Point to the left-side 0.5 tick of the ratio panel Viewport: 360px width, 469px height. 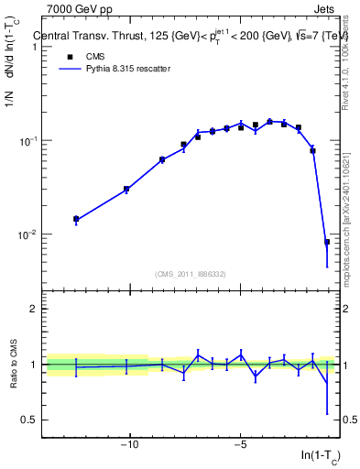pyautogui.click(x=32, y=420)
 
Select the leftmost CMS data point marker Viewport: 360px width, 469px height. pyautogui.click(x=76, y=219)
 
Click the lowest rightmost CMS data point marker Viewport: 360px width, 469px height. pyautogui.click(x=327, y=242)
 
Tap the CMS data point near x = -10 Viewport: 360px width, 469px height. pyautogui.click(x=126, y=189)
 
